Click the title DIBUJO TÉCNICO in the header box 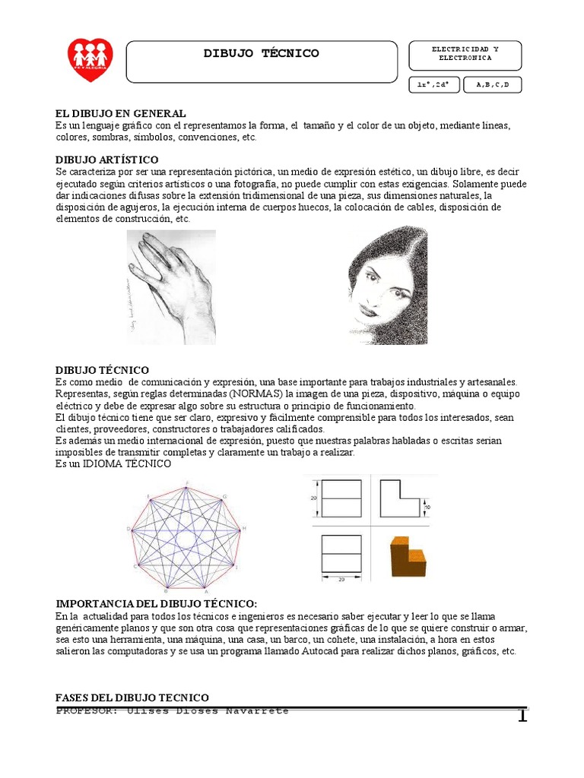pyautogui.click(x=262, y=53)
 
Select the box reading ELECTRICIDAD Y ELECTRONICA pyautogui.click(x=465, y=53)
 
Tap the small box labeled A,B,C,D pyautogui.click(x=493, y=84)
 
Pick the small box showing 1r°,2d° pyautogui.click(x=433, y=84)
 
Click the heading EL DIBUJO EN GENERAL pyautogui.click(x=121, y=113)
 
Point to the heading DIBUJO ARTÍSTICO pyautogui.click(x=107, y=160)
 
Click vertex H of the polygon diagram pyautogui.click(x=244, y=528)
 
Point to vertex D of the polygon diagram pyautogui.click(x=128, y=528)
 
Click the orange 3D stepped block pyautogui.click(x=408, y=558)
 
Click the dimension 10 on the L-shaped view pyautogui.click(x=427, y=507)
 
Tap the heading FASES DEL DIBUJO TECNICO pyautogui.click(x=132, y=697)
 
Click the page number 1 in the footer pyautogui.click(x=522, y=715)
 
